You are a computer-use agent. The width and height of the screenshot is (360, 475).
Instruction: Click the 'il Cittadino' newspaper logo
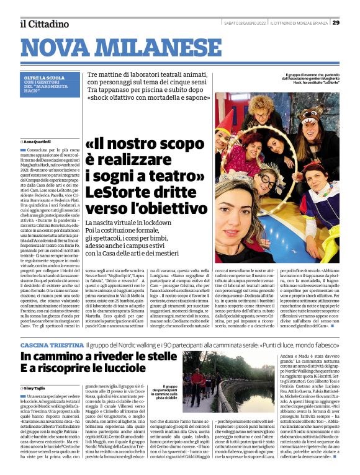(44, 24)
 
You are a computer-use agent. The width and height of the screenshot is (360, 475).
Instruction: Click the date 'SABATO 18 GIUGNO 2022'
(245, 23)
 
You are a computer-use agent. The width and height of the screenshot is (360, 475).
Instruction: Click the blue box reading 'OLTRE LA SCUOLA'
(43, 78)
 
